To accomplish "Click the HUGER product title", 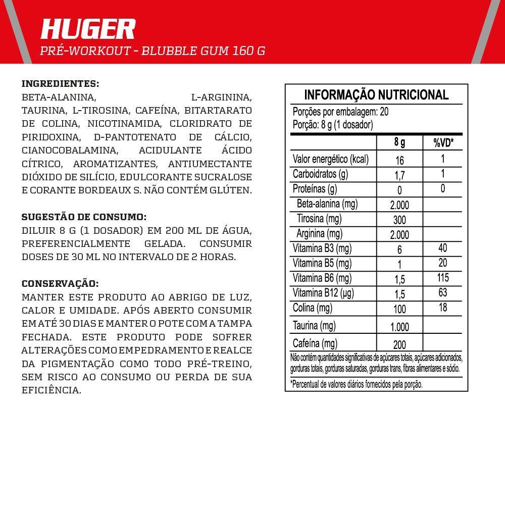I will (x=88, y=29).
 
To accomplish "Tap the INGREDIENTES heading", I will (x=61, y=83).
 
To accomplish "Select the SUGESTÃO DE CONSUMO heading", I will (x=84, y=217).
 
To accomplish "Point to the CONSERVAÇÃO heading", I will (x=60, y=283).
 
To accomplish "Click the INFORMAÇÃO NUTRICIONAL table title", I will (x=376, y=94).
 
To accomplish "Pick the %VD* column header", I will (x=443, y=143).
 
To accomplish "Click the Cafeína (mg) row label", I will (x=315, y=344).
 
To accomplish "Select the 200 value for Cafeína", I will (x=399, y=345).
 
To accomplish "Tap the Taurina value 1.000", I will (x=399, y=327).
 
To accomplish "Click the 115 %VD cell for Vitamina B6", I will (x=443, y=278).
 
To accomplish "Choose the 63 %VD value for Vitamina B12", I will (x=443, y=293).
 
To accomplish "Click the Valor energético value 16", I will (x=399, y=161).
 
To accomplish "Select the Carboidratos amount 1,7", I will (x=399, y=176).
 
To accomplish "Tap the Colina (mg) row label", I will (x=313, y=308).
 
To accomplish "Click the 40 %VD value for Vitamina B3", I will (x=443, y=248).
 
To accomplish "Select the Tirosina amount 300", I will (x=399, y=220).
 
